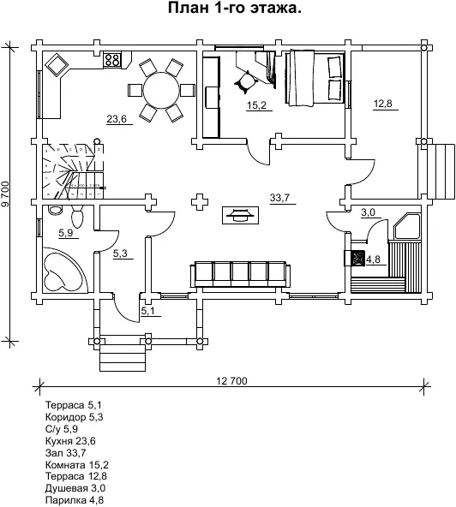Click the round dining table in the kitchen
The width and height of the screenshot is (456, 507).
coord(161,91)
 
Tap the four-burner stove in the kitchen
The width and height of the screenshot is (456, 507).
coord(112,59)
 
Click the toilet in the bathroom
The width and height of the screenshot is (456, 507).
coord(77,217)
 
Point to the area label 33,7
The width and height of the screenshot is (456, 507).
coord(280,198)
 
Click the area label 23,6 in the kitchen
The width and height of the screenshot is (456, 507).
coord(117,119)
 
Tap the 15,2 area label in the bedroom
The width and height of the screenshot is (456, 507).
coord(256,105)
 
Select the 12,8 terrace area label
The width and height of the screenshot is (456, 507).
coord(383,104)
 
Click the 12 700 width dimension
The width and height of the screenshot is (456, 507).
coord(231,381)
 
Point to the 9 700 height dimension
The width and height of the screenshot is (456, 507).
coord(6,194)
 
